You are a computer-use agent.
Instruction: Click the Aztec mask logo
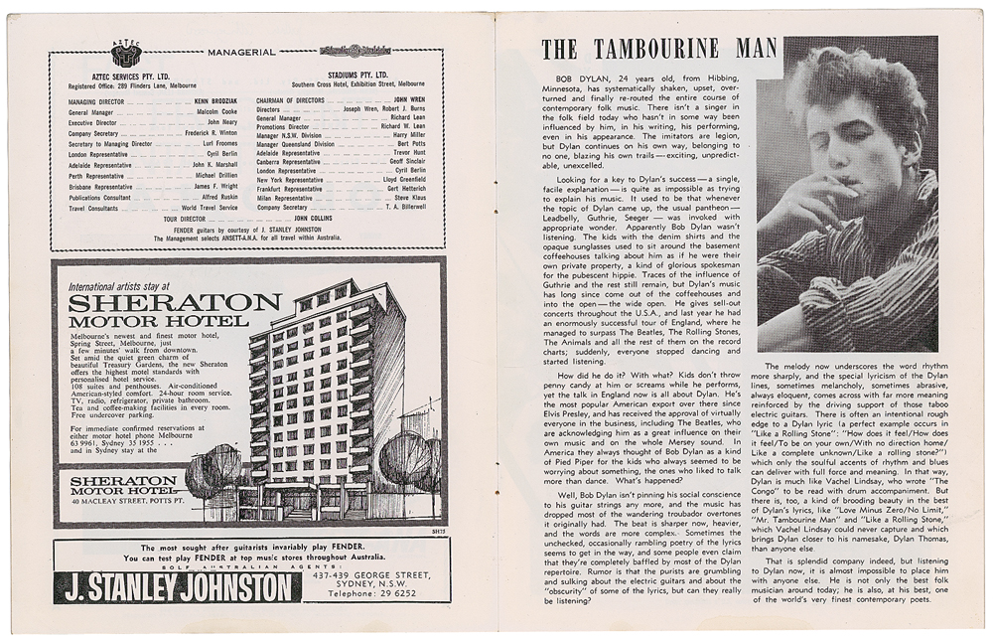[127, 55]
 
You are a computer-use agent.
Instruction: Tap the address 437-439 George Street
[372, 571]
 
